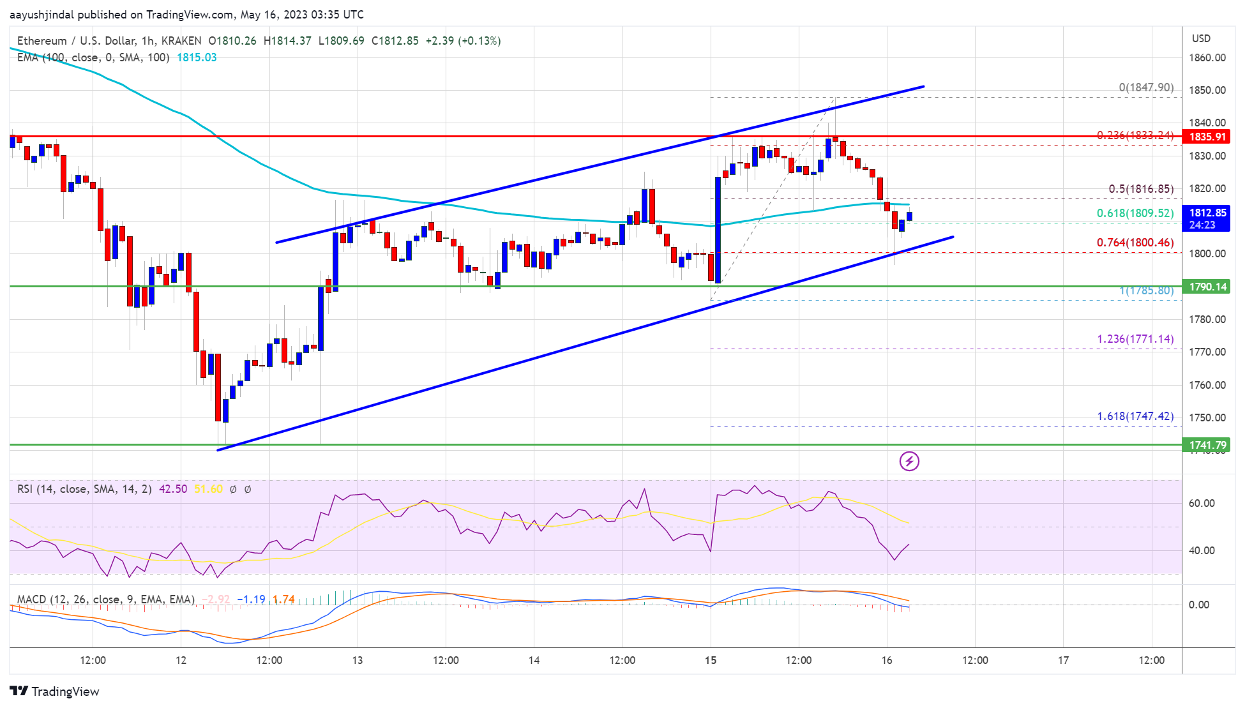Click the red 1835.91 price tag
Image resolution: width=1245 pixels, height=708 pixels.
tap(1207, 137)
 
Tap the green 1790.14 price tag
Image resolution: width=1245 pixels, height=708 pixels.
tap(1207, 287)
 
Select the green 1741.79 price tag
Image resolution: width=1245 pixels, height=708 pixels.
tap(1207, 445)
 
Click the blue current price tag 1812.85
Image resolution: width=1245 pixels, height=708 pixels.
tap(1207, 213)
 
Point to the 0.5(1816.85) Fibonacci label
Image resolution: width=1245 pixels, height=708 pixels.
tap(1140, 189)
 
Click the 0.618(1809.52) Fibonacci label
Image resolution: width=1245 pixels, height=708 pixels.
tap(1135, 213)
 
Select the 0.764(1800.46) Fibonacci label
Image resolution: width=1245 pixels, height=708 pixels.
tap(1135, 243)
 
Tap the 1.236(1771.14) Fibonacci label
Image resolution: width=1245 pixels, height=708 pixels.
tap(1135, 339)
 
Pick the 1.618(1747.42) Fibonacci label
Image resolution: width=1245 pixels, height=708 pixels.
tap(1135, 416)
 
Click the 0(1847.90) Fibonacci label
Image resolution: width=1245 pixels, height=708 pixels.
tap(1145, 87)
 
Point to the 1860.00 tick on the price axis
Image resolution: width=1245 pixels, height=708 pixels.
tap(1207, 57)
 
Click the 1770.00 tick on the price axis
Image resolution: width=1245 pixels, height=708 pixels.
tap(1207, 352)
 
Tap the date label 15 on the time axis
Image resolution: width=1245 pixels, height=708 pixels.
tap(711, 660)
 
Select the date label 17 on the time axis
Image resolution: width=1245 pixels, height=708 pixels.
tap(1063, 660)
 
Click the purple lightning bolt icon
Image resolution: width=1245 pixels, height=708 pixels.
tap(909, 461)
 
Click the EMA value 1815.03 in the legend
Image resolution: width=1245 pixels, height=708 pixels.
tap(197, 57)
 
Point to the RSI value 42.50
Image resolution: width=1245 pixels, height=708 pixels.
tap(173, 489)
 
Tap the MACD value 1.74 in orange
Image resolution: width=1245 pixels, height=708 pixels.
tap(283, 599)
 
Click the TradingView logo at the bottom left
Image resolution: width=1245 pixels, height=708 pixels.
tap(55, 691)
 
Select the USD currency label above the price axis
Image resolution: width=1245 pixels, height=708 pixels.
tap(1201, 38)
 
